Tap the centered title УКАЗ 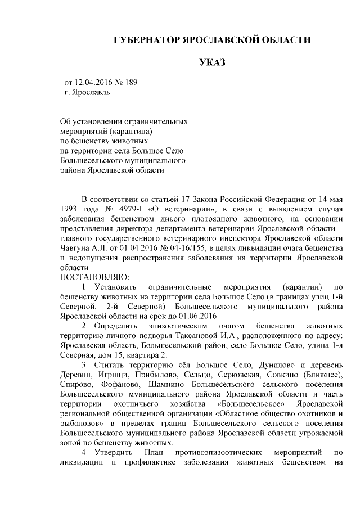pos(211,62)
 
